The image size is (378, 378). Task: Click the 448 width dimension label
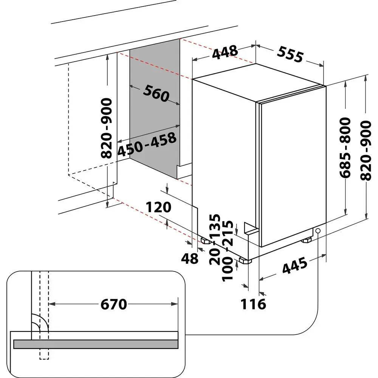coord(225,52)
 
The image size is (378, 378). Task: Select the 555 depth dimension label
coord(290,55)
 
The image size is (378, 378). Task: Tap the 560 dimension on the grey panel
coord(156,93)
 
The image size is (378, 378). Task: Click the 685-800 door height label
coord(345,148)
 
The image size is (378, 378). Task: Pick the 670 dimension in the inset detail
coord(113,304)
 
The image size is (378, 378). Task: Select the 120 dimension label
coord(159,207)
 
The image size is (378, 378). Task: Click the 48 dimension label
coord(190,259)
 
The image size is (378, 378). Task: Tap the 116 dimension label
coord(253,304)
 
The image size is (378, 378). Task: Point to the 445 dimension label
coord(294,266)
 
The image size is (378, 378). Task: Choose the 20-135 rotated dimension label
coord(215,240)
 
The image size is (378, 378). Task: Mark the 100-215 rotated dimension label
coord(228,251)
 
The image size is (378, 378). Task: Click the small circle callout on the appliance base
coord(318,231)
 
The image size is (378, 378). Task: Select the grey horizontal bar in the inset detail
coord(96,344)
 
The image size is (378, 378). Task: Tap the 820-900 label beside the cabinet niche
coord(106,128)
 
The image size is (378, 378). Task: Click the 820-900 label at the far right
coord(366,151)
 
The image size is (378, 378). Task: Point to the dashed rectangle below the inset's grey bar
coord(44,354)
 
